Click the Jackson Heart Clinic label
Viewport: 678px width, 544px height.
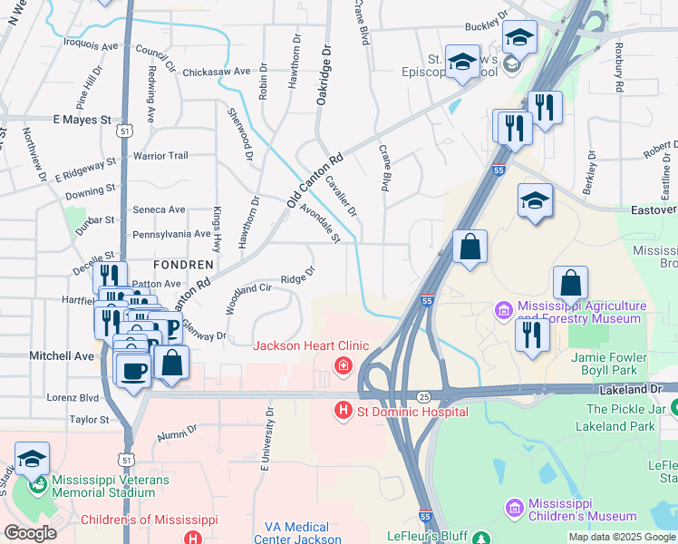(310, 345)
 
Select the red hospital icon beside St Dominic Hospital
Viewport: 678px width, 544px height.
(343, 411)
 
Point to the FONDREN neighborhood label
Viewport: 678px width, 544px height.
(183, 265)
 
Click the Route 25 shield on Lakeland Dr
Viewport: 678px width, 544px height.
(424, 397)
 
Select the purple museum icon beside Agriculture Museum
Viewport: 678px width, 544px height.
(503, 312)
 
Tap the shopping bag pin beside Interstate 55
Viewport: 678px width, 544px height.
(470, 248)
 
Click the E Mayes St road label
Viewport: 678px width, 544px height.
(82, 119)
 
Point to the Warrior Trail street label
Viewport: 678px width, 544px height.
(160, 156)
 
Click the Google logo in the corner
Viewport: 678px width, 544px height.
(30, 533)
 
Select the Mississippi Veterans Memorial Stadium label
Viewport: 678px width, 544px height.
(103, 486)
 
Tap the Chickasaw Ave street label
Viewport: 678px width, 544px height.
(216, 72)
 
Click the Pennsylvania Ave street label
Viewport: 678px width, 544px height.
(171, 234)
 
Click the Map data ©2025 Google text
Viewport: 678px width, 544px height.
(622, 537)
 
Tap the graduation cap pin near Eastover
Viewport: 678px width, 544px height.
(535, 200)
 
